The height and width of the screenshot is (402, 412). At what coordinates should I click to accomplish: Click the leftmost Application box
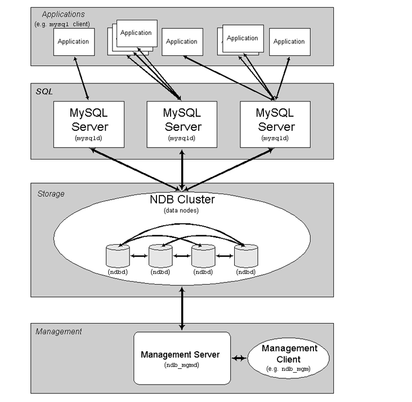(74, 42)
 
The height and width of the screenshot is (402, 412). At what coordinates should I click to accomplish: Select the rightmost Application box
(289, 42)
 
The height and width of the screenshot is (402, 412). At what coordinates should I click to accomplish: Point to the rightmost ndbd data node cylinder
(246, 256)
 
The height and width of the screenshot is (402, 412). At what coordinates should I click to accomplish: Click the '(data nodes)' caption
(182, 210)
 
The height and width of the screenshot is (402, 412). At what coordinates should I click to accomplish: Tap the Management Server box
(182, 357)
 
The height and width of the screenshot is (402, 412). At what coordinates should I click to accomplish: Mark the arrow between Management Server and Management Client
(240, 358)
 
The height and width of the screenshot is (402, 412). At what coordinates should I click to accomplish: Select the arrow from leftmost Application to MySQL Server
(81, 78)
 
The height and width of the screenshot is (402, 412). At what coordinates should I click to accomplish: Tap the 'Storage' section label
(51, 194)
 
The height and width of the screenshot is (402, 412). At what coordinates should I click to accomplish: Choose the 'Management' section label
(59, 332)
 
